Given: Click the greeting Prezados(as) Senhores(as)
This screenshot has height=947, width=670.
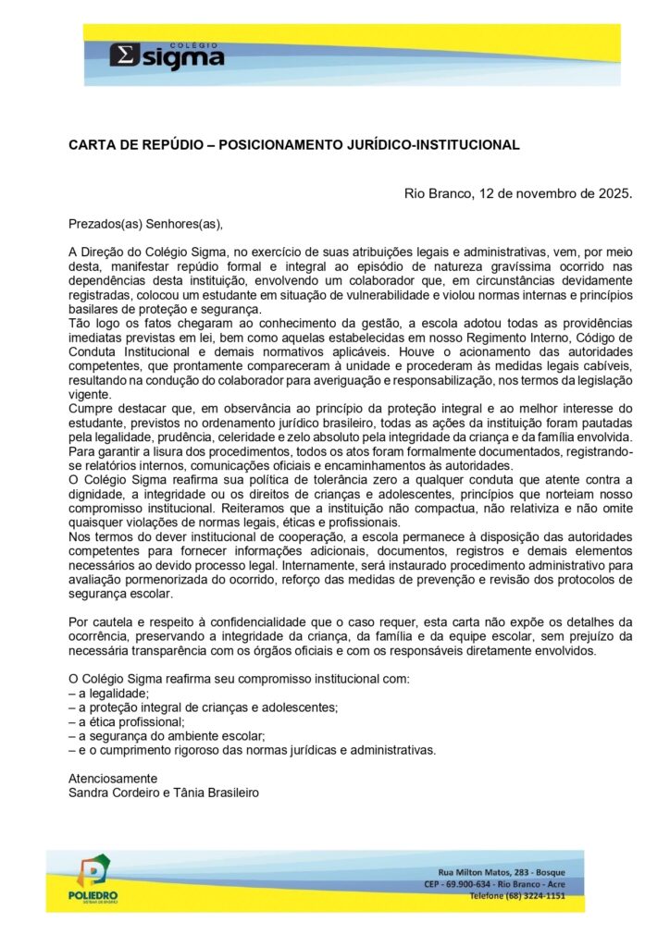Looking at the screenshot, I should coord(146,223).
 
